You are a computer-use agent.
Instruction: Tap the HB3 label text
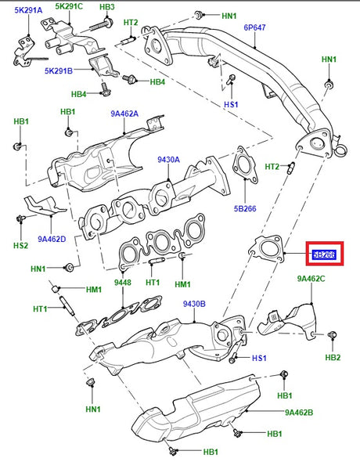pos(107,7)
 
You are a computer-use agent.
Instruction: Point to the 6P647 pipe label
pos(255,27)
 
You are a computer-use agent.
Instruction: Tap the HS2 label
pos(20,245)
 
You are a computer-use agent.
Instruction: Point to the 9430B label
pos(195,304)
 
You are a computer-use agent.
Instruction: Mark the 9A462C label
pos(312,278)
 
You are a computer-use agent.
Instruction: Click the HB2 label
pos(333,380)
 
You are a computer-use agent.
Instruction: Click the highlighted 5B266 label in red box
pos(324,254)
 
